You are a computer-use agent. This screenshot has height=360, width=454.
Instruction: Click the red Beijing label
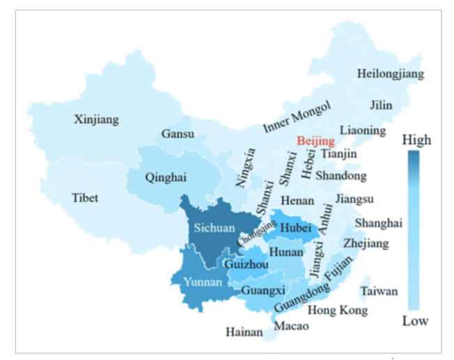tap(315, 141)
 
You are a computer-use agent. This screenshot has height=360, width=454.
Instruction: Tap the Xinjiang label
tap(96, 120)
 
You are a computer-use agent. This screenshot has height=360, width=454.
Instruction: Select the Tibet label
tap(85, 198)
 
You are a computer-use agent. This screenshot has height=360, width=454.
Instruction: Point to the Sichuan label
tap(212, 228)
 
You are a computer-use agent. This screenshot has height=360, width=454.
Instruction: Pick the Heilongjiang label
tap(390, 74)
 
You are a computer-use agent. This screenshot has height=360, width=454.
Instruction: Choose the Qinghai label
tap(166, 178)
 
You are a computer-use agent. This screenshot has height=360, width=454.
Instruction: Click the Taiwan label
tap(379, 291)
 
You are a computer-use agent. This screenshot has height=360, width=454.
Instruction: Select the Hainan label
tap(244, 333)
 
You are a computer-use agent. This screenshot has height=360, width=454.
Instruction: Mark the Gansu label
tap(178, 133)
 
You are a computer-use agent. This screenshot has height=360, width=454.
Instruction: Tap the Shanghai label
tap(378, 223)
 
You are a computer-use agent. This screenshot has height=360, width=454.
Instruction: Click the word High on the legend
tap(416, 140)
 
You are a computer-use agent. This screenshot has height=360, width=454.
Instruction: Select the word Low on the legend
tap(416, 321)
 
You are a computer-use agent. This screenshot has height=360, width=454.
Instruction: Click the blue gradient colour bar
tap(414, 230)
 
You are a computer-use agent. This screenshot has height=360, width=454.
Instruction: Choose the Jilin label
tap(381, 105)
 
